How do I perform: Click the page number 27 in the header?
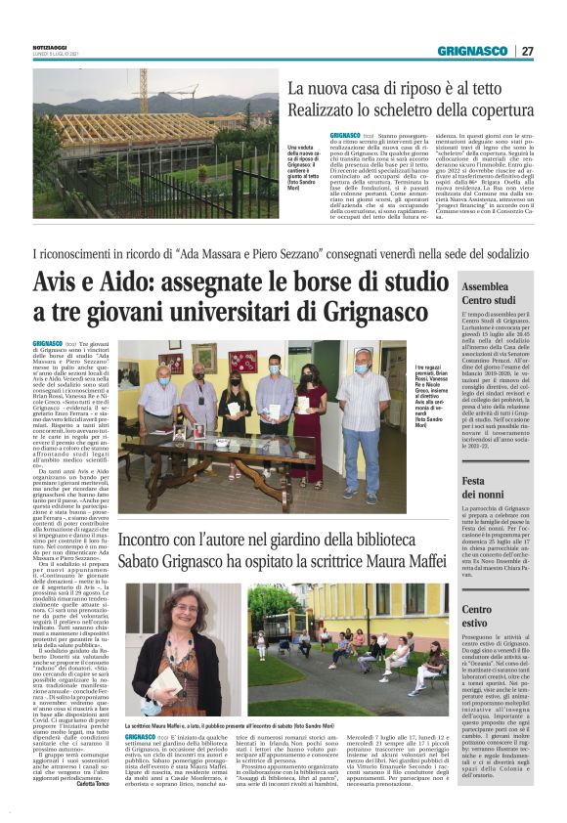(x=527, y=51)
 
